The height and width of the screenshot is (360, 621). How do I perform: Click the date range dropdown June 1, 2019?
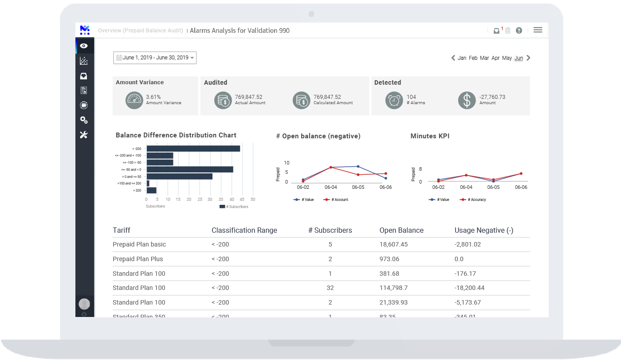coord(155,58)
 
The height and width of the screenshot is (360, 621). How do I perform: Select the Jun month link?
coord(519,58)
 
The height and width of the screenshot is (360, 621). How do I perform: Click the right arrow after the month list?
coord(528,58)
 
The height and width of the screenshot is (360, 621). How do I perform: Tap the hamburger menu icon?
coord(538,30)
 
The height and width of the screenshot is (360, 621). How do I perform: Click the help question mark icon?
coord(519,31)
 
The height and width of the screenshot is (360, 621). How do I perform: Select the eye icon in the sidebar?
coord(84,46)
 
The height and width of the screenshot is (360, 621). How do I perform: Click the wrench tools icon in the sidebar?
coord(84,135)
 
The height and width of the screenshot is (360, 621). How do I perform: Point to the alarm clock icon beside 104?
coord(393,100)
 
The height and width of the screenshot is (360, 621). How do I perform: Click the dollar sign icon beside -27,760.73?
coord(467,100)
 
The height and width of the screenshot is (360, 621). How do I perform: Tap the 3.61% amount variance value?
coord(153,97)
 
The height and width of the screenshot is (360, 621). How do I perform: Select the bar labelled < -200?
coord(193,149)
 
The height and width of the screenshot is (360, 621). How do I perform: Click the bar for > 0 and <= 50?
coord(179,176)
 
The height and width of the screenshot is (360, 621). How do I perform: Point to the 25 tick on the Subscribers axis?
coord(200,200)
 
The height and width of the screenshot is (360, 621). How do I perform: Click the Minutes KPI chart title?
coord(430,136)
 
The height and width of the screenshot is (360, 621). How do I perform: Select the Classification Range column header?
coord(244,231)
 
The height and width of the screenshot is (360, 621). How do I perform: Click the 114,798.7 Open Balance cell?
coord(393,288)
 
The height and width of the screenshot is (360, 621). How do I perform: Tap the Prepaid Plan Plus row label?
coord(138,259)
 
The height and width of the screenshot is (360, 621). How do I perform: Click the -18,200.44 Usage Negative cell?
coord(469,288)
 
